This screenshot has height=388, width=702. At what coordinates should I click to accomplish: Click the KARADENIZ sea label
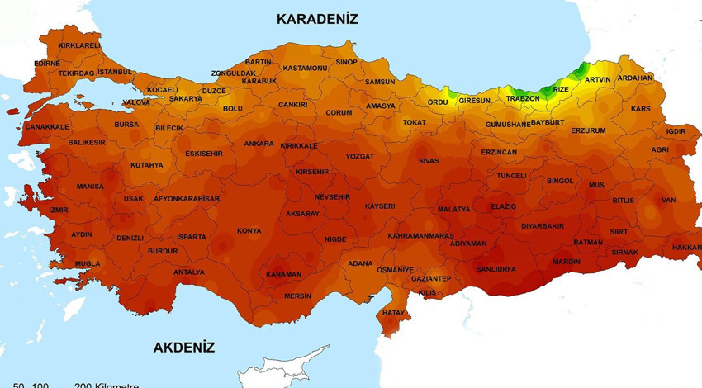click(x=317, y=18)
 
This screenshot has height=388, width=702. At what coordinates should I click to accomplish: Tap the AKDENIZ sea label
click(x=183, y=348)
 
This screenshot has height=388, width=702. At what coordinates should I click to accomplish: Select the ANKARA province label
click(x=259, y=144)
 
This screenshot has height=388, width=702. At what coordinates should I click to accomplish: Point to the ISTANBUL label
click(x=114, y=72)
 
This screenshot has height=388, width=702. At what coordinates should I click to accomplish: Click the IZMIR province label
click(x=59, y=210)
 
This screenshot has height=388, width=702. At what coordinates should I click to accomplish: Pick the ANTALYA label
click(x=188, y=272)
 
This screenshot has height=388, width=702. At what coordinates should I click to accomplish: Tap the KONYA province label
click(x=249, y=231)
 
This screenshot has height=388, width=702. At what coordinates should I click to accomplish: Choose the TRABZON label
click(x=523, y=98)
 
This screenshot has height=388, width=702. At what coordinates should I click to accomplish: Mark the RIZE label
click(x=561, y=89)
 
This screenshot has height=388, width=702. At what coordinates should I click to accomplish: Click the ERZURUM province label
click(x=588, y=130)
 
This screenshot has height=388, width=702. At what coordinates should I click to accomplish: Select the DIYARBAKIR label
click(x=543, y=226)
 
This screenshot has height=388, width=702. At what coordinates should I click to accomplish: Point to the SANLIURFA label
click(x=496, y=269)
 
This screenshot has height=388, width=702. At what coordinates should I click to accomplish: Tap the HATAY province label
click(x=394, y=313)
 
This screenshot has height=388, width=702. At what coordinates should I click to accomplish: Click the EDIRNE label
click(x=47, y=63)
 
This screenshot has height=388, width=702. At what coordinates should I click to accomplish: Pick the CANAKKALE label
click(x=47, y=127)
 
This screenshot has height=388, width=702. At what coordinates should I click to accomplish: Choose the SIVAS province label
click(x=429, y=161)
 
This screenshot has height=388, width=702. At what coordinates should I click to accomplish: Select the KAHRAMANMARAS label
click(x=420, y=236)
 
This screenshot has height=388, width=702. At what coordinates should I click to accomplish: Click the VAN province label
click(x=668, y=200)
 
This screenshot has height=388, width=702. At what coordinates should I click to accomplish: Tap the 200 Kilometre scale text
click(x=105, y=385)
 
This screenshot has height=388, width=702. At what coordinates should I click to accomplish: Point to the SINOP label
click(x=346, y=62)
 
